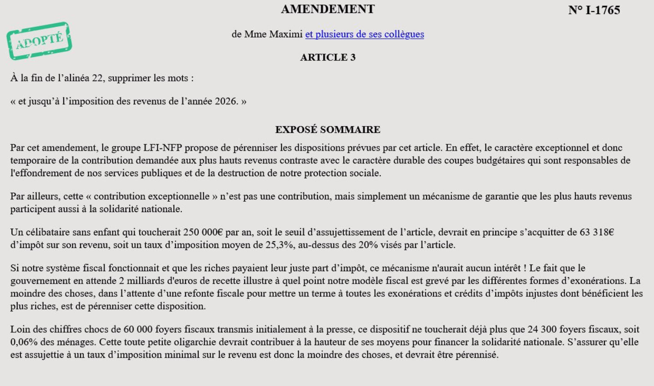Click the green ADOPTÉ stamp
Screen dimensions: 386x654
(x=39, y=41)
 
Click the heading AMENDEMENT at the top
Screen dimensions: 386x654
(x=327, y=9)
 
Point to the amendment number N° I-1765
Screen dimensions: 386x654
(x=594, y=10)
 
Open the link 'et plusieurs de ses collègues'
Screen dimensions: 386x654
(x=364, y=34)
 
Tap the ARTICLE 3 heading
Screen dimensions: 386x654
(x=327, y=57)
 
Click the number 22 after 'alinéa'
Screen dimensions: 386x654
(x=97, y=78)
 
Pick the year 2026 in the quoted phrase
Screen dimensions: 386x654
(x=226, y=101)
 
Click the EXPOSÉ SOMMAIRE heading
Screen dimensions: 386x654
(x=327, y=130)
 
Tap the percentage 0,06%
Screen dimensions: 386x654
(x=25, y=342)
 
